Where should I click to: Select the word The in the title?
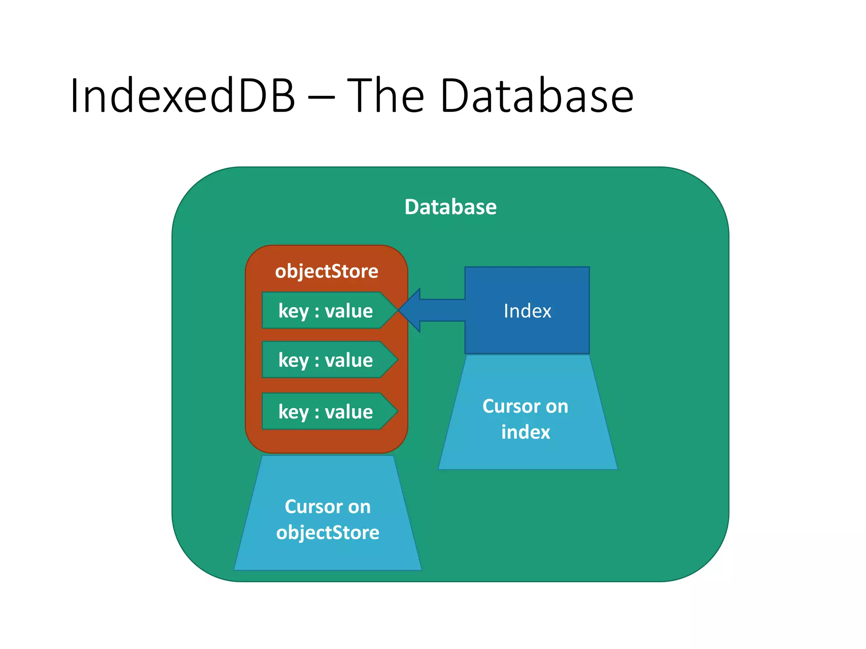click(x=385, y=96)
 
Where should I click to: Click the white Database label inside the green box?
click(x=450, y=207)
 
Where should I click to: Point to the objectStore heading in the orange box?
click(x=326, y=271)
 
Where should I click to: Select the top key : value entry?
click(x=326, y=311)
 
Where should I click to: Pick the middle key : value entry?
click(x=326, y=360)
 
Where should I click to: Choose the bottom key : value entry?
click(x=326, y=412)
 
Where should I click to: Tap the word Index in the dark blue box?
click(x=527, y=311)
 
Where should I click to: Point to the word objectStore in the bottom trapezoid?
click(x=328, y=532)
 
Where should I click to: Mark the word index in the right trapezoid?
click(x=526, y=432)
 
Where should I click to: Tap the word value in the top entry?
click(x=349, y=311)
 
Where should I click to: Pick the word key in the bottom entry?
click(x=293, y=412)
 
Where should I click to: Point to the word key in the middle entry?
click(x=293, y=360)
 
